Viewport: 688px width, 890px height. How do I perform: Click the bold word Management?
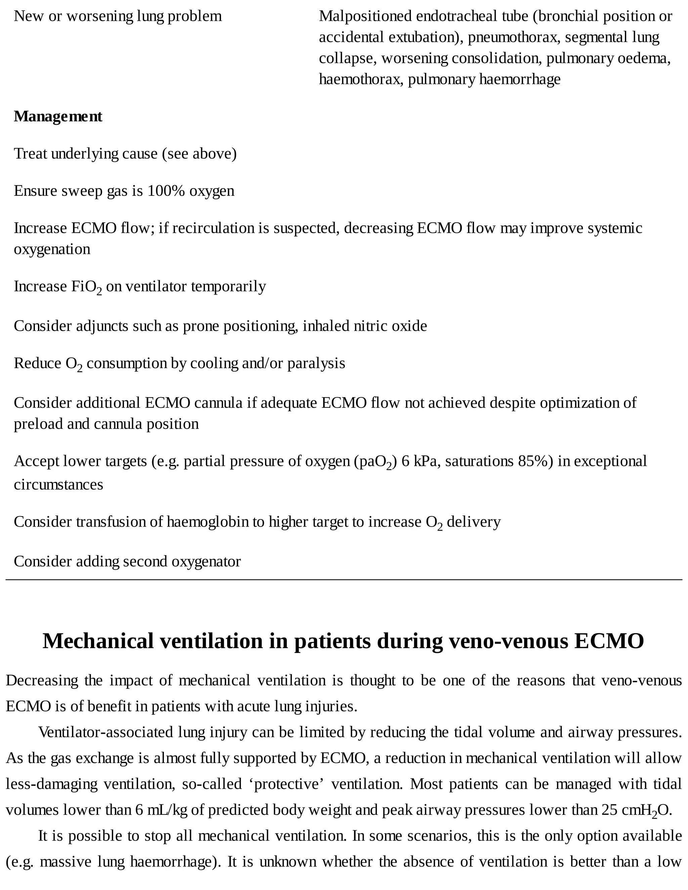[x=58, y=117]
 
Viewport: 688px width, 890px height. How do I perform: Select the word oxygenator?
[x=206, y=562]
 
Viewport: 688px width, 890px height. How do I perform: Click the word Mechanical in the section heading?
[x=98, y=640]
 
